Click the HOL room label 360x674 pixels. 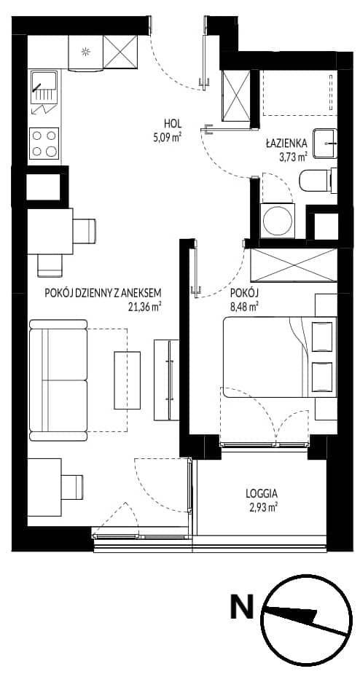(173, 125)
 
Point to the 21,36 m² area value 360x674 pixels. (141, 307)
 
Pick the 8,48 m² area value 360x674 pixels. (244, 307)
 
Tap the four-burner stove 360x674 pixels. (44, 144)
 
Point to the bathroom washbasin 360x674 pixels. (325, 143)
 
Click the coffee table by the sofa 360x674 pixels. (127, 380)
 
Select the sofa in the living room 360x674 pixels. (58, 380)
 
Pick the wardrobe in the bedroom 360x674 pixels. (294, 265)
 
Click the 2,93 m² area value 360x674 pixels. (262, 507)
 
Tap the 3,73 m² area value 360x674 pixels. (293, 157)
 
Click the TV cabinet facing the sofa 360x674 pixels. (166, 380)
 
